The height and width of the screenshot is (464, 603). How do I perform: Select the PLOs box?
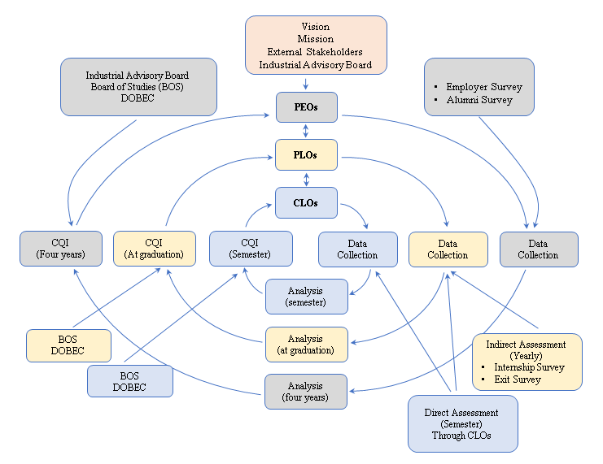tap(305, 154)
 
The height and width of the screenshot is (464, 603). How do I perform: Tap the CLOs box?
tap(305, 202)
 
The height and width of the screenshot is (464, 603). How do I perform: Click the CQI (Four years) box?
tap(62, 249)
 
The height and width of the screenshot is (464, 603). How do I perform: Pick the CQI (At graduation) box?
tap(155, 249)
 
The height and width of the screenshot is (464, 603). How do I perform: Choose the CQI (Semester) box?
tap(251, 249)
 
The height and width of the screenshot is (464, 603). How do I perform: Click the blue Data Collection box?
tap(357, 249)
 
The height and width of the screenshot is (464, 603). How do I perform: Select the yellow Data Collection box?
tap(448, 249)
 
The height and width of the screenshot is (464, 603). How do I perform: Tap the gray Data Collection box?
tap(538, 249)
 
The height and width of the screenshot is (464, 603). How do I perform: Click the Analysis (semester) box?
tap(306, 297)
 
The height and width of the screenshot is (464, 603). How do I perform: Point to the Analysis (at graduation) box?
tap(306, 345)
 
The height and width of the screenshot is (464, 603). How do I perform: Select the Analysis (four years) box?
tap(306, 391)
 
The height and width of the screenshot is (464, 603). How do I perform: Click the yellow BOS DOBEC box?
tap(68, 345)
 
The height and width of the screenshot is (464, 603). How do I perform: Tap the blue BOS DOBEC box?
tap(129, 381)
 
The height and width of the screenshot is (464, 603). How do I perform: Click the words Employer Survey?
tap(484, 87)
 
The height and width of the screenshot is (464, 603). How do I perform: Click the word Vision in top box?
tap(316, 28)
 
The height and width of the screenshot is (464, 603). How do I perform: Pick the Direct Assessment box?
tap(462, 424)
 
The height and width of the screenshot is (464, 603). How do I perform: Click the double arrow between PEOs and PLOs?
tap(305, 131)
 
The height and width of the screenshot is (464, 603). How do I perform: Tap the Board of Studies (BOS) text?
tap(137, 87)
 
